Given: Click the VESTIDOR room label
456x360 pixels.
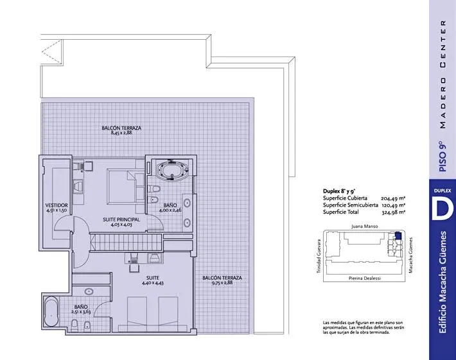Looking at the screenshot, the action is tap(57, 205).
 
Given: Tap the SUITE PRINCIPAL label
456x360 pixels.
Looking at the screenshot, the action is tap(121, 219).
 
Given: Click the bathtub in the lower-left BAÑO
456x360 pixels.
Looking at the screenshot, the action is tap(51, 311).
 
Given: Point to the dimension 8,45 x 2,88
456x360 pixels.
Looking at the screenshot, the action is tap(121, 133).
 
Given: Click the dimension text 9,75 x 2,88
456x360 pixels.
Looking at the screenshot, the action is tap(222, 282).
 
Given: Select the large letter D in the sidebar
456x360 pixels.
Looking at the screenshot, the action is tap(443, 207).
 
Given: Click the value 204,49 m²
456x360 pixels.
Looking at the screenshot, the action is tap(393, 198).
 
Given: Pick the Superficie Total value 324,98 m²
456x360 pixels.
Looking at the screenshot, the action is tap(394, 212).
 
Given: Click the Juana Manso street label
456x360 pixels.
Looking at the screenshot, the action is tap(364, 226).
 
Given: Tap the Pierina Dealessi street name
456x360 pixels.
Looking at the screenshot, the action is tap(364, 278).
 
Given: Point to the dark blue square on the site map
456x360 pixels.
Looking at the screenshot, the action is tap(398, 236).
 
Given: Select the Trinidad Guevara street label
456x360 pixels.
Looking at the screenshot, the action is tap(319, 256).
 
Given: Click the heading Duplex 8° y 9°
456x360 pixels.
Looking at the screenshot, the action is tap(339, 191).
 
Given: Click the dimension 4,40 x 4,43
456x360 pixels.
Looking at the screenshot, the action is tap(153, 283).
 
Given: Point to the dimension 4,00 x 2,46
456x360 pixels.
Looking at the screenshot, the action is tap(170, 209).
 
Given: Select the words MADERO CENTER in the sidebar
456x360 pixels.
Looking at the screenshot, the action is tap(443, 74).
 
